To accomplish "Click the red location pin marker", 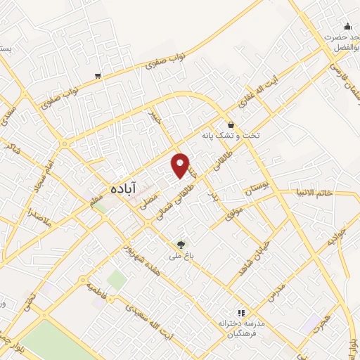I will pyautogui.click(x=181, y=165).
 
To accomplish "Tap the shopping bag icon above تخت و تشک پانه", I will pyautogui.click(x=231, y=124).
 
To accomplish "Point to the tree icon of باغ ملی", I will pyautogui.click(x=183, y=245).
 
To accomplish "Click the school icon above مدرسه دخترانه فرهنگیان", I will pyautogui.click(x=240, y=313).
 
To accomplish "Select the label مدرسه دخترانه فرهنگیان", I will pyautogui.click(x=241, y=328).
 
